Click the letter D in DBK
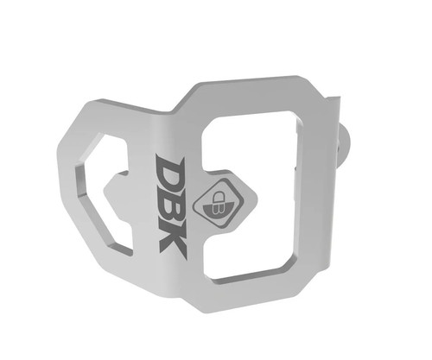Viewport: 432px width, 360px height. pos(169,170)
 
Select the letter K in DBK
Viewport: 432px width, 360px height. pos(174,241)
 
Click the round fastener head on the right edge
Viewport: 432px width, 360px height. pos(345,145)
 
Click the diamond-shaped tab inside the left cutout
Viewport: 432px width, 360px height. pos(117,196)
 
